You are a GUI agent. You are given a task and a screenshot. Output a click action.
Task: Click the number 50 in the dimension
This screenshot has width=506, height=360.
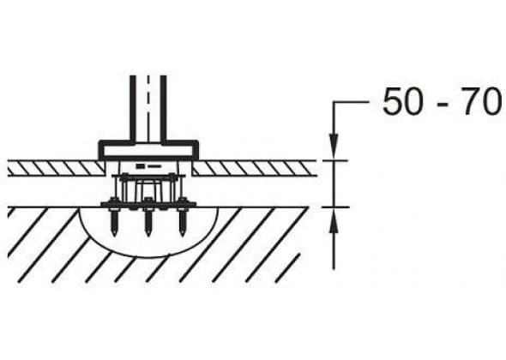click(402, 102)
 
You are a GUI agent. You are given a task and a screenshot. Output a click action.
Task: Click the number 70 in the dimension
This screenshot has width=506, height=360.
click(483, 102)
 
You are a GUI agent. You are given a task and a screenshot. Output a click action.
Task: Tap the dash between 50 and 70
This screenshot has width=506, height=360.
click(443, 105)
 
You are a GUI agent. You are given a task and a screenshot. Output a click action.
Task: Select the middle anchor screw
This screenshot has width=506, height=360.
click(148, 217)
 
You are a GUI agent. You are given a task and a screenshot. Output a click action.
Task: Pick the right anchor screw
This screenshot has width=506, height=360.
click(183, 217)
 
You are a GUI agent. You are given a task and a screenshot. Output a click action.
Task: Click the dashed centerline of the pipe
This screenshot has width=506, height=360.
click(148, 109)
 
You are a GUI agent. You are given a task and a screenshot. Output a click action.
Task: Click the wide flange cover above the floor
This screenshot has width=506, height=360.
click(148, 150)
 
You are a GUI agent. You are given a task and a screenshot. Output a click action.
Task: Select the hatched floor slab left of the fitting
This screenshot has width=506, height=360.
click(56, 168)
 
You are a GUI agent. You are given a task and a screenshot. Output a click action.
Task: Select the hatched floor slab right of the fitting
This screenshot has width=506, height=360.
click(255, 168)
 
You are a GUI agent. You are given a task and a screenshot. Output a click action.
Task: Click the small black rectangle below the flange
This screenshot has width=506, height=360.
click(140, 166)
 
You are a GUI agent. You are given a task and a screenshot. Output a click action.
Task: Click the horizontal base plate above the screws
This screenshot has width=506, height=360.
click(148, 205)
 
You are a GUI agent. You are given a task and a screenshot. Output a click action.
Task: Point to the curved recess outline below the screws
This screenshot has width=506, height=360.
click(148, 256)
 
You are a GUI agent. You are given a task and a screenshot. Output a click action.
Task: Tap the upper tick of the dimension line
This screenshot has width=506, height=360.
click(335, 160)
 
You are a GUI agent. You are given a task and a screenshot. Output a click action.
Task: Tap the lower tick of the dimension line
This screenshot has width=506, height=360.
click(335, 207)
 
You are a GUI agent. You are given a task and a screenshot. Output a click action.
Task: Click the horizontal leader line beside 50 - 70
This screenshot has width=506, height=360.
click(351, 102)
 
